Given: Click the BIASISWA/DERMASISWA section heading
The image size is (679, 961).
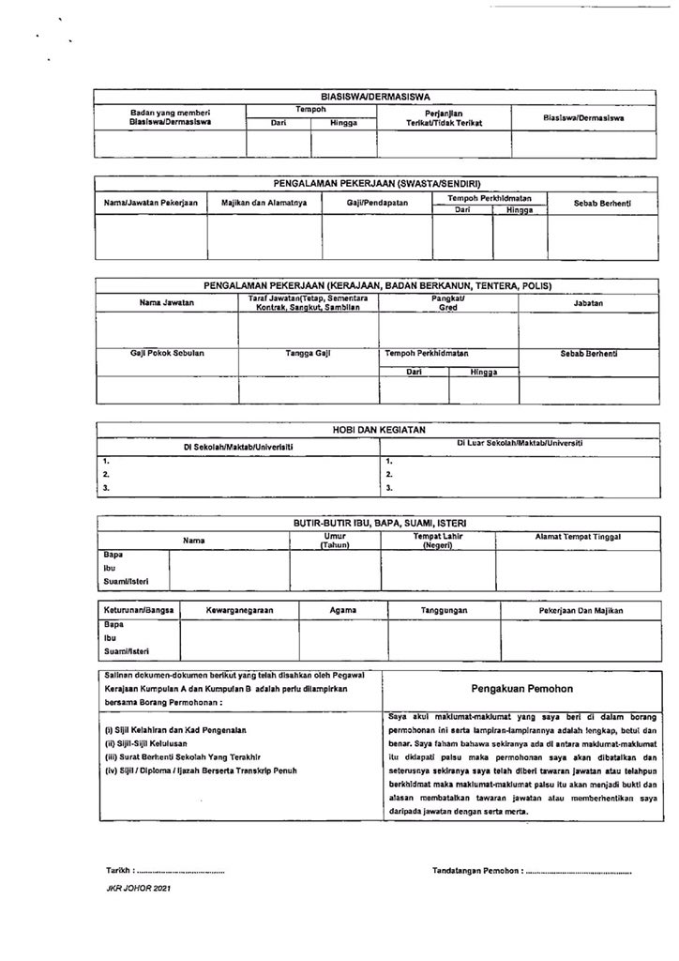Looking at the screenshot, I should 375,96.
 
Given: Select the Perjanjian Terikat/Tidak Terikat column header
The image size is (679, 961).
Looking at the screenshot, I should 444,118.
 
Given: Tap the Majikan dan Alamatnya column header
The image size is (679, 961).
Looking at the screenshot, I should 264,203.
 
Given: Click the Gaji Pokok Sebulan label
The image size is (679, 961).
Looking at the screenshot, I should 167,354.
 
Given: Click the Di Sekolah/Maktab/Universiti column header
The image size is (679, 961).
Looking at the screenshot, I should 237,447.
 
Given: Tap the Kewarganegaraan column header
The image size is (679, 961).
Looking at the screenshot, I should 239,611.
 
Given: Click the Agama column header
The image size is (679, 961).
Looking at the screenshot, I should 343,611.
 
